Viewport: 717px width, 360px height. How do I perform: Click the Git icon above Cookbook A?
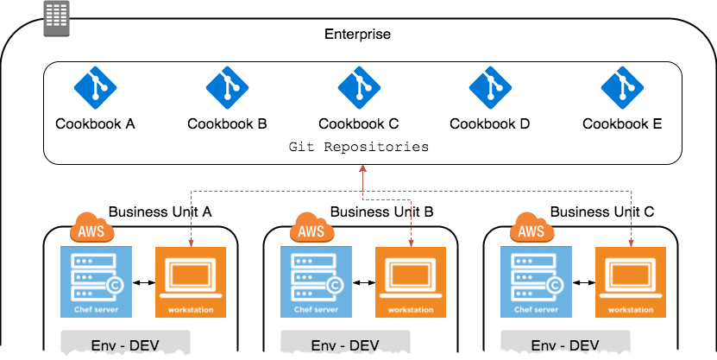95,88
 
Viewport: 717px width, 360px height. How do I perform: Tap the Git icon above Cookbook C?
359,88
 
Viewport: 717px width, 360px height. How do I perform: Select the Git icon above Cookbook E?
622,88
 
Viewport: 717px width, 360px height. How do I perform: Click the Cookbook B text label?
227,123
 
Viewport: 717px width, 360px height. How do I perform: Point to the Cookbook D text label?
490,123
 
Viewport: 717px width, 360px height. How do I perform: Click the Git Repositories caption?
359,147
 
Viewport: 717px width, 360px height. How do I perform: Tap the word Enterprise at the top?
357,34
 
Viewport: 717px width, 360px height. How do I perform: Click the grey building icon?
57,18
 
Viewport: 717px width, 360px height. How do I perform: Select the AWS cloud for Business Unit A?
91,227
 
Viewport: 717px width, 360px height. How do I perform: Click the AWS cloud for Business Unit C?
531,227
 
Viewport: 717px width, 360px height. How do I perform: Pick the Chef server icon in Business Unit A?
96,281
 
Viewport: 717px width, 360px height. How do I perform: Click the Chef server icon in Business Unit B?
316,281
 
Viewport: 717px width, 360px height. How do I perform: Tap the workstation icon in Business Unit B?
411,281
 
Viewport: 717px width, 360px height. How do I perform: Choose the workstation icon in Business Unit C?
631,281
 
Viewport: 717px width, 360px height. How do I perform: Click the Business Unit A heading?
160,212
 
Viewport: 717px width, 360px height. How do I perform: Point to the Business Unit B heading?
382,212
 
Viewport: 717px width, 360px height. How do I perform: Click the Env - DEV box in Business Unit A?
125,342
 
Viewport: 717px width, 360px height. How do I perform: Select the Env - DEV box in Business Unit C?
565,342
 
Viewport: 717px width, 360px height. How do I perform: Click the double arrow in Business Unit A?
144,283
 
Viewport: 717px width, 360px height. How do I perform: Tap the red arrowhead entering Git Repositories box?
363,168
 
